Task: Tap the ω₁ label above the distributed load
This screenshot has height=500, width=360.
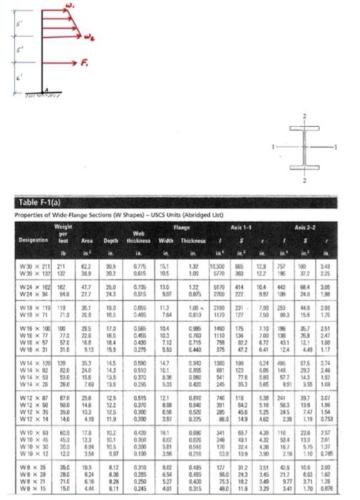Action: coord(69,6)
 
